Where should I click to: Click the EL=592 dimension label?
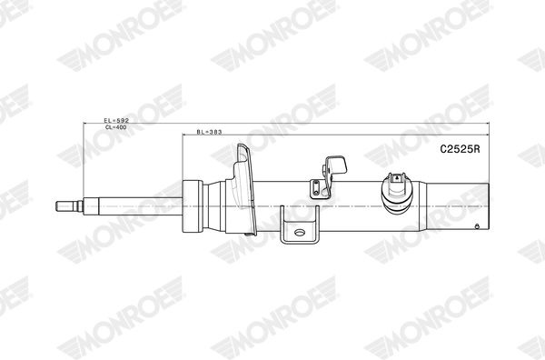116,120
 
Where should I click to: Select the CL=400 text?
116,127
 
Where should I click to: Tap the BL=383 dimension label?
209,132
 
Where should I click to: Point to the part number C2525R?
460,149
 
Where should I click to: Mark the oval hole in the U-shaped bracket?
300,233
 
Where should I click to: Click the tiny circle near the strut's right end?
477,226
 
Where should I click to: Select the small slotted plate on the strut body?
316,188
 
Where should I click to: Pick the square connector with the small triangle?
397,178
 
